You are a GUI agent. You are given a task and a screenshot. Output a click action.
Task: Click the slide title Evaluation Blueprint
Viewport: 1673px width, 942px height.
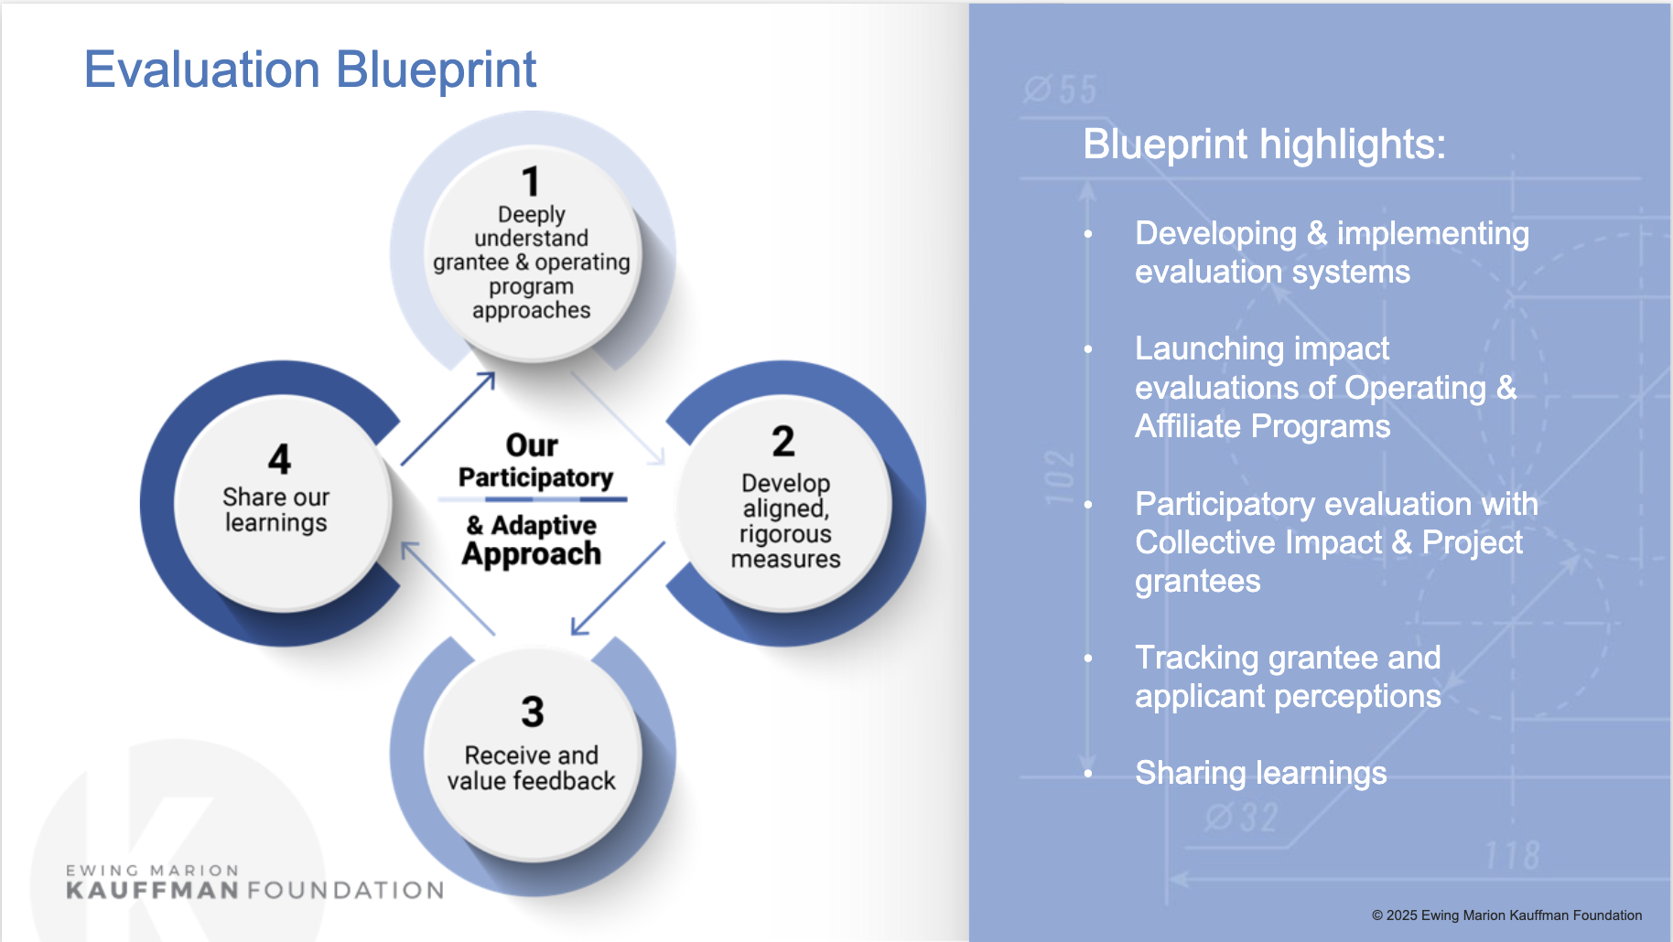click(x=309, y=70)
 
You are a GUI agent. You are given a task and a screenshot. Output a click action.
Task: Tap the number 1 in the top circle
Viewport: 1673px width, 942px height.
click(x=531, y=181)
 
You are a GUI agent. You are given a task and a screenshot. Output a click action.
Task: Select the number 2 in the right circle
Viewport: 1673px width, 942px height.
click(x=783, y=442)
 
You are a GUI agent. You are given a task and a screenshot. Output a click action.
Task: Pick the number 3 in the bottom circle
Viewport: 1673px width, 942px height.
click(x=533, y=712)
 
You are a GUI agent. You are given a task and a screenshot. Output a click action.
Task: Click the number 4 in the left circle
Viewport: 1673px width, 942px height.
click(x=279, y=459)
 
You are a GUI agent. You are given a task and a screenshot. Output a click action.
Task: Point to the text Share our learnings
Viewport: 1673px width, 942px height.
click(x=275, y=509)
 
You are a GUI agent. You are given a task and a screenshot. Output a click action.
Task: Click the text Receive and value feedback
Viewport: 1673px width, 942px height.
click(x=531, y=768)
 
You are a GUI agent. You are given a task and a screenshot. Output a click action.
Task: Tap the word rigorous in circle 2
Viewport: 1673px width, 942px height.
click(x=785, y=533)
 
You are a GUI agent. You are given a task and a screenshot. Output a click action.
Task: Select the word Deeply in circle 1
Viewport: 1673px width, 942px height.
click(x=531, y=214)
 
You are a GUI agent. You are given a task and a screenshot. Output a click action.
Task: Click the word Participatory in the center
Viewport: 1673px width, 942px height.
click(x=535, y=477)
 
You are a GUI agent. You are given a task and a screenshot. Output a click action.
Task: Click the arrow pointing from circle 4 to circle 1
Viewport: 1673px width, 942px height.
click(x=448, y=418)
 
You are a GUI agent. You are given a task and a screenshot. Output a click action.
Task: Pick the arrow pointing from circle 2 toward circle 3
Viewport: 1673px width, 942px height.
click(x=618, y=588)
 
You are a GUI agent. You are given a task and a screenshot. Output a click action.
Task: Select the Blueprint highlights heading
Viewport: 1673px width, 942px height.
click(x=1264, y=145)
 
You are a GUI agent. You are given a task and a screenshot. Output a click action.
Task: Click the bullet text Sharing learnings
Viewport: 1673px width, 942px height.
click(x=1260, y=773)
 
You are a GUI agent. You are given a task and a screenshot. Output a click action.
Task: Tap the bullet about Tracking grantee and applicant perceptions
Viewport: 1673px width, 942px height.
click(x=1288, y=677)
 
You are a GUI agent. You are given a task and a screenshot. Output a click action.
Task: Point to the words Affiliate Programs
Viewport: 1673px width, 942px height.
click(x=1262, y=426)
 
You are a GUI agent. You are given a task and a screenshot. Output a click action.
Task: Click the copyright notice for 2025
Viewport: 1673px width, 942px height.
click(x=1506, y=915)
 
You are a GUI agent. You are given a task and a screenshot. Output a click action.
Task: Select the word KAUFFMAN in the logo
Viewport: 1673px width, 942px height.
click(x=152, y=891)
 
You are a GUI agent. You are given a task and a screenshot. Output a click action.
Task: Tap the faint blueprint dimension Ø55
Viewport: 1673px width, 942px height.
click(x=1060, y=90)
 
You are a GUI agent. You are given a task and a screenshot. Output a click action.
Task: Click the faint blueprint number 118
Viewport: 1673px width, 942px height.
click(x=1512, y=856)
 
